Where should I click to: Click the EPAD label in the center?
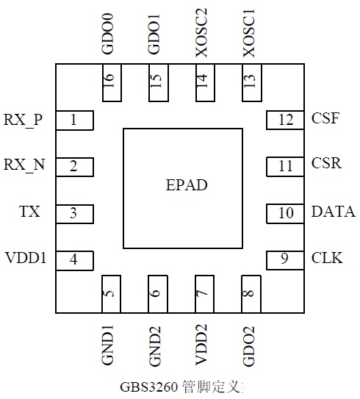(187, 185)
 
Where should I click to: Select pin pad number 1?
(74, 121)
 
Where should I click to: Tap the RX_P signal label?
(23, 120)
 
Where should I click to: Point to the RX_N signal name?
(24, 165)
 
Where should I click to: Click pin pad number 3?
(74, 214)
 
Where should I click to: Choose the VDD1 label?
(26, 258)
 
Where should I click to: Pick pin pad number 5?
(111, 294)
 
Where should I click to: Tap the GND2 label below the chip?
(155, 346)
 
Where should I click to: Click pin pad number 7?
(204, 294)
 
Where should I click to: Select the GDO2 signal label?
(248, 346)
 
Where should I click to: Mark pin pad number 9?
(285, 260)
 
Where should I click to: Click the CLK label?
(327, 258)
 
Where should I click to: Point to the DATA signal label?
(334, 212)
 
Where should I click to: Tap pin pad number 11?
(285, 167)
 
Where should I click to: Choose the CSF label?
(325, 118)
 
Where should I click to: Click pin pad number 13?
(252, 83)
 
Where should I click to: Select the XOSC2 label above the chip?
(201, 33)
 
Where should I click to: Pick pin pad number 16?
(112, 83)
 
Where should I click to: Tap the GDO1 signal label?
(154, 35)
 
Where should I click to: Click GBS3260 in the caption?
(148, 387)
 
